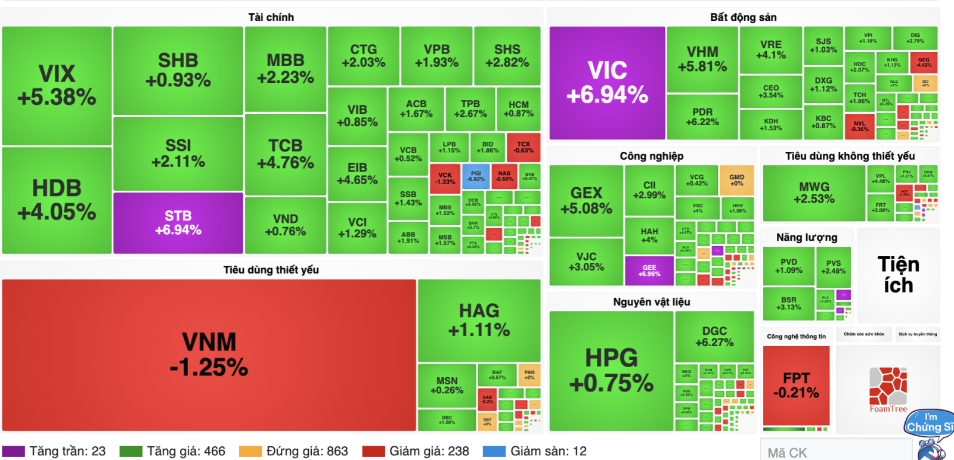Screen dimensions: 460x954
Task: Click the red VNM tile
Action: tap(209, 355)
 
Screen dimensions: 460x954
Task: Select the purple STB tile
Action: tap(178, 223)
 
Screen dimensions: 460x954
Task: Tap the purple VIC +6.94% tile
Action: tap(607, 82)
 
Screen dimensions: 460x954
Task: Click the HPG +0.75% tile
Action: tap(611, 370)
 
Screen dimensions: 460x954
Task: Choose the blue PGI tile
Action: tap(475, 176)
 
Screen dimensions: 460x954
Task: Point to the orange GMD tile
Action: tap(736, 180)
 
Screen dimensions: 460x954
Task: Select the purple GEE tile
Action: tap(649, 271)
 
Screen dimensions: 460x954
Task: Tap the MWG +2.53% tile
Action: tap(814, 192)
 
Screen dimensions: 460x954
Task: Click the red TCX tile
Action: tap(523, 147)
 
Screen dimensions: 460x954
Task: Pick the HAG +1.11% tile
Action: tap(479, 320)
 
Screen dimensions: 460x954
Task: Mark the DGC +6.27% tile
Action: tap(714, 336)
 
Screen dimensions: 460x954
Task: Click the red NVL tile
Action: tap(859, 126)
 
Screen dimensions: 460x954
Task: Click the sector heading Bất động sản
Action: tap(743, 17)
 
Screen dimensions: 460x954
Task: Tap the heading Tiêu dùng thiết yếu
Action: tap(271, 270)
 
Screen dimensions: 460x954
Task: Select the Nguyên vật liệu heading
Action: tap(651, 302)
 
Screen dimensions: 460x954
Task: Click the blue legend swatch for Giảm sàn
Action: tap(494, 451)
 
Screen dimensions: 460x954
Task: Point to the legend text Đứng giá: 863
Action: tap(306, 451)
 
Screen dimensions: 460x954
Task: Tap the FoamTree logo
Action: tap(888, 388)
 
